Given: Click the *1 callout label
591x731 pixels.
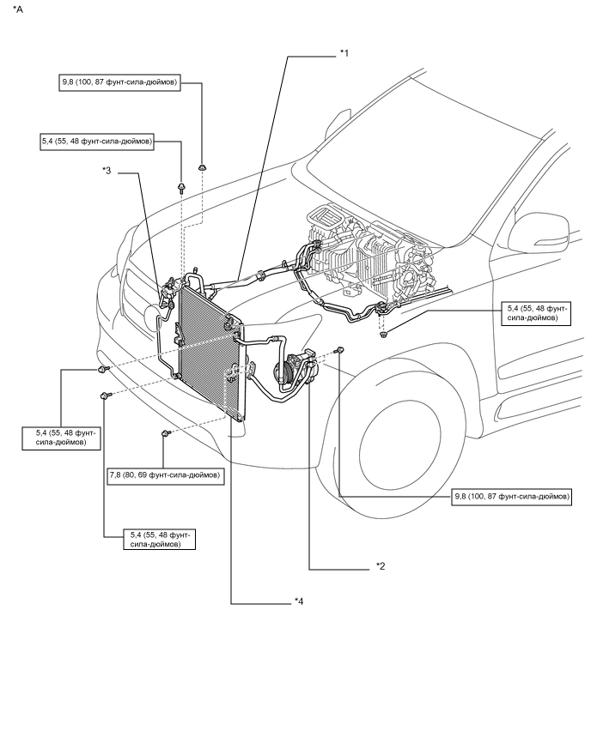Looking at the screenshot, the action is coord(344,53).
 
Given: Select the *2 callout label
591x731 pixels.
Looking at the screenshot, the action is coord(381,566).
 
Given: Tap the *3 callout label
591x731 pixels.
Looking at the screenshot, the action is coord(107,171).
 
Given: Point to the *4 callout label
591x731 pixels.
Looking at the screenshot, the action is coord(298,601).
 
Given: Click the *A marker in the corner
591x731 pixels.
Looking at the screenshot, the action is coord(17,9).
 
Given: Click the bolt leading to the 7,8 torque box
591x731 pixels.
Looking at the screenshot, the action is coord(165,434).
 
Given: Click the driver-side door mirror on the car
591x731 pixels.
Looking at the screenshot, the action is coord(540,234).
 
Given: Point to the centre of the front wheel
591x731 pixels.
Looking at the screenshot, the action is coord(399,437).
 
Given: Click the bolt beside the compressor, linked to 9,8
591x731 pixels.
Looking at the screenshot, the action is coord(340,350).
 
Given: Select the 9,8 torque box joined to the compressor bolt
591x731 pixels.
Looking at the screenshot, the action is coord(511,497).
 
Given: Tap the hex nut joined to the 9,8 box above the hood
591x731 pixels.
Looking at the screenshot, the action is coord(202,166).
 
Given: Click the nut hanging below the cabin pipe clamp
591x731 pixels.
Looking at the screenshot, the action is coord(384,334).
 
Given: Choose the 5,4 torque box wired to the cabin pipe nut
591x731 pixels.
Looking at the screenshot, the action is coord(535,313).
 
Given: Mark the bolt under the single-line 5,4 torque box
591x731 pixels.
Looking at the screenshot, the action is coord(181,189).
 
